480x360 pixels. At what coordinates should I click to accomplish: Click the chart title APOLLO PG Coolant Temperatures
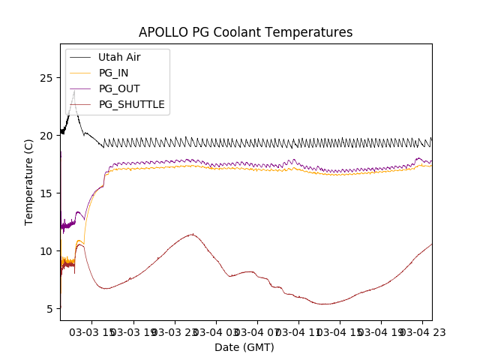pos(245,32)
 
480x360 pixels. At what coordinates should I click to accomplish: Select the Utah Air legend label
pos(119,57)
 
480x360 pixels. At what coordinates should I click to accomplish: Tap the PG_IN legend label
pos(114,73)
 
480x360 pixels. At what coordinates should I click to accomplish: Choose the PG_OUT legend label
pos(119,88)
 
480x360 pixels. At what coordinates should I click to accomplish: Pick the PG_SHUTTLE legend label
pos(132,104)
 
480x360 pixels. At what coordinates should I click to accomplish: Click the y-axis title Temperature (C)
pos(29,182)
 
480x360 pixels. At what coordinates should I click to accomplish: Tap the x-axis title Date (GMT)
pos(244,347)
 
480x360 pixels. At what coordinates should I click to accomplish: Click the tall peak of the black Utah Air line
pos(73,92)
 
